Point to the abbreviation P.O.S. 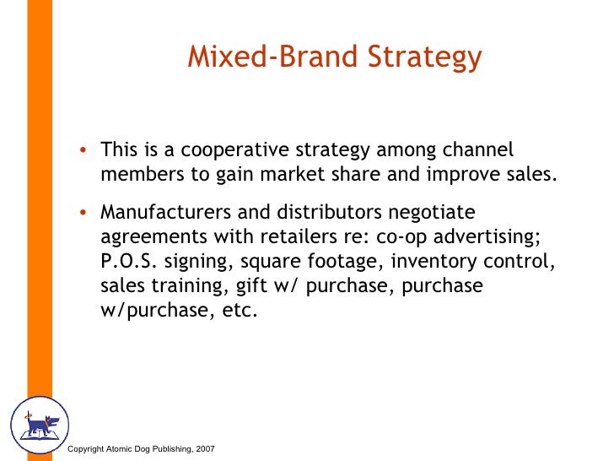[125, 261]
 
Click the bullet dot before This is [83, 152]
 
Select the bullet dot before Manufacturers [83, 212]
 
